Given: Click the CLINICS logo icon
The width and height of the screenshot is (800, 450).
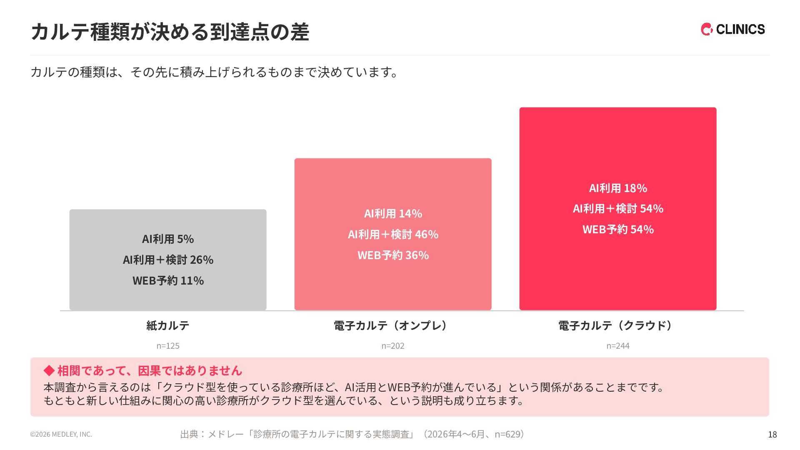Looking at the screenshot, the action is pyautogui.click(x=707, y=29).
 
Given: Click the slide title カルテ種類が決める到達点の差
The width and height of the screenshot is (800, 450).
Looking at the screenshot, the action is pyautogui.click(x=170, y=32).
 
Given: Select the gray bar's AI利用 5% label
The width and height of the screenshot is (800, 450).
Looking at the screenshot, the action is pyautogui.click(x=168, y=239).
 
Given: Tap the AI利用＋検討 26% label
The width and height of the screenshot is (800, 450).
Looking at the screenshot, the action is pyautogui.click(x=168, y=260).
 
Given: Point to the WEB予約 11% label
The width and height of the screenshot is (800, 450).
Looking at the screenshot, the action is pyautogui.click(x=168, y=281).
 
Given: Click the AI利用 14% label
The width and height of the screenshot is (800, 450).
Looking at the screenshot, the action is pyautogui.click(x=393, y=214).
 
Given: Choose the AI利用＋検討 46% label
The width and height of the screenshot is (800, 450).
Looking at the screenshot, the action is pyautogui.click(x=393, y=235).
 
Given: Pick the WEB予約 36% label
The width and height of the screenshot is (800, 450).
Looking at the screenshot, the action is pyautogui.click(x=393, y=255).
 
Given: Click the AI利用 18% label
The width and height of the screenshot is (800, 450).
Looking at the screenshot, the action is pyautogui.click(x=618, y=188).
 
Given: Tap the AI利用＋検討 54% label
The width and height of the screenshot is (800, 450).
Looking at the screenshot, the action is pyautogui.click(x=618, y=209).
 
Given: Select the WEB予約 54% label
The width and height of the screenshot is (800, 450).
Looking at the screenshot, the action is pyautogui.click(x=618, y=230).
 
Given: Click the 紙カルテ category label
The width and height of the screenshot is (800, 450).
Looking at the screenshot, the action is pyautogui.click(x=168, y=325).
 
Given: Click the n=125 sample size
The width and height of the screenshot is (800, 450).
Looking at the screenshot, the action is pyautogui.click(x=168, y=346).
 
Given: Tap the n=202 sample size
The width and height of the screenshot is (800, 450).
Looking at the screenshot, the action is pyautogui.click(x=393, y=346).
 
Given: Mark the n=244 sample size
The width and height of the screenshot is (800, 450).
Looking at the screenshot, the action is pyautogui.click(x=618, y=346).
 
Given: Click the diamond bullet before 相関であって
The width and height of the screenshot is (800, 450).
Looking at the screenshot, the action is pyautogui.click(x=49, y=370).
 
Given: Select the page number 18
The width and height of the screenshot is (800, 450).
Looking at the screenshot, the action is pyautogui.click(x=772, y=435).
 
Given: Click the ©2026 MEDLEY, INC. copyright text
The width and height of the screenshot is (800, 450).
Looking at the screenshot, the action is pyautogui.click(x=61, y=434).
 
